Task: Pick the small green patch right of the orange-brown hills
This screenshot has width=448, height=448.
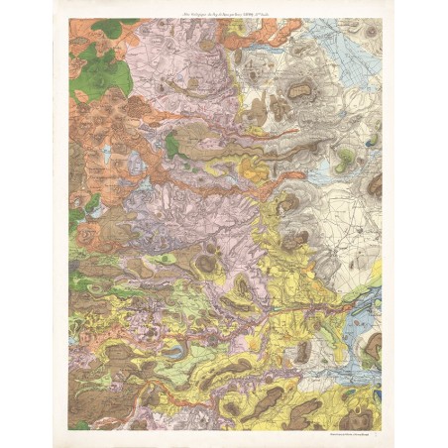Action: [172, 149]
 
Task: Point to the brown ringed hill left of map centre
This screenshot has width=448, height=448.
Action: [207, 263]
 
